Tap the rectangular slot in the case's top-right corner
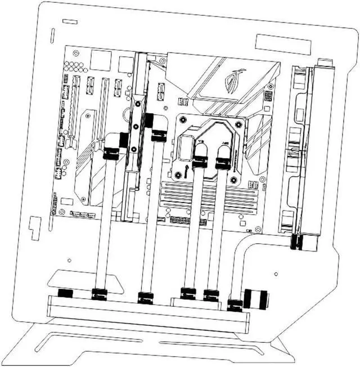click(282, 43)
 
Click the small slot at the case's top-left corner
click(70, 22)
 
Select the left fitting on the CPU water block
click(200, 163)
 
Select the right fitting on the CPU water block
click(223, 163)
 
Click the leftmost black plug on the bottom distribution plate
click(65, 293)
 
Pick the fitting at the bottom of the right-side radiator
click(297, 242)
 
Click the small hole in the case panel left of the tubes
click(69, 260)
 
